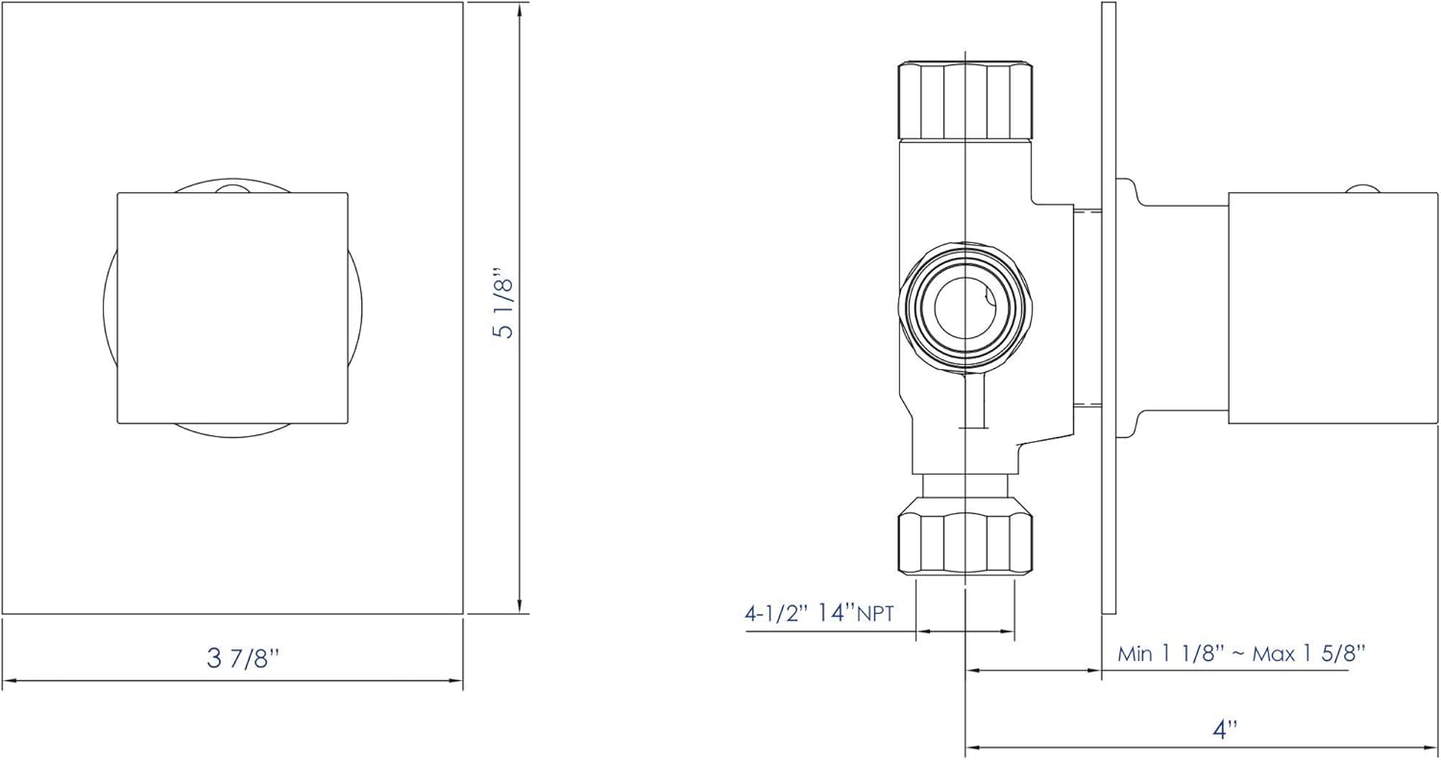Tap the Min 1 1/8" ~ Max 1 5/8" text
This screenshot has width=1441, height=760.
1241,653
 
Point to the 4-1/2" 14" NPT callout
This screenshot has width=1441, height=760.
818,613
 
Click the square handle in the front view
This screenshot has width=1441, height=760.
232,307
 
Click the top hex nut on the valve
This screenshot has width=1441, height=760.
965,100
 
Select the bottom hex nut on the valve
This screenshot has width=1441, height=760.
965,544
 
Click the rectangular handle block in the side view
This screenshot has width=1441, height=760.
1331,307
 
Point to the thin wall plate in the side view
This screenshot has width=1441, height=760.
1108,307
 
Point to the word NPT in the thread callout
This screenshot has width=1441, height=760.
875,615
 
